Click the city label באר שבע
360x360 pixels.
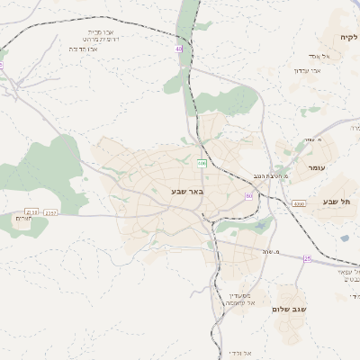(186, 191)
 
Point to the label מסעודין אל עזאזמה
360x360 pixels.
(241, 299)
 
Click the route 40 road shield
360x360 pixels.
(179, 49)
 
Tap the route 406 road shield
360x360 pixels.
(202, 163)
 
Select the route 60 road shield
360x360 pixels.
(248, 195)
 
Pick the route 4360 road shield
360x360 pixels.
(298, 203)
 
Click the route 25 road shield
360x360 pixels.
(307, 258)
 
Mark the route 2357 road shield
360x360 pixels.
(50, 212)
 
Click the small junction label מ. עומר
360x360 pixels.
(312, 139)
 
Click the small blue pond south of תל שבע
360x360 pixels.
(345, 238)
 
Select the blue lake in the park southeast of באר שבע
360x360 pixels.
(260, 228)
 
